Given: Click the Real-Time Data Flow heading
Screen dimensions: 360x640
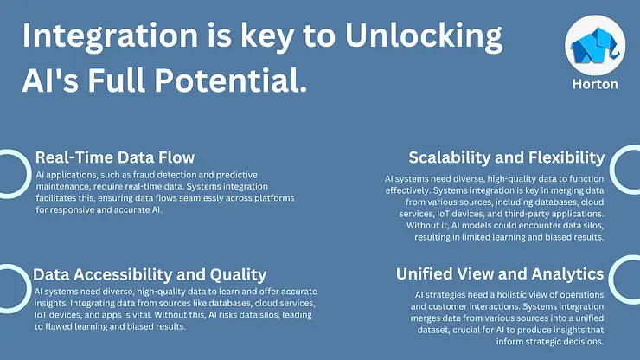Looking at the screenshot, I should click(x=115, y=157).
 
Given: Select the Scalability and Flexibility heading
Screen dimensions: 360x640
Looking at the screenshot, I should click(x=506, y=157).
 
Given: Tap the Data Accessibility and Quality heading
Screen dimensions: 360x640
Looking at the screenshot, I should click(x=150, y=275).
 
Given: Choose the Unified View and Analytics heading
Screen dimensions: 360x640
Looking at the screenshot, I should click(x=500, y=274).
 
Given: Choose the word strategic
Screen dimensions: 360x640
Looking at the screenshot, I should click(x=536, y=329).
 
